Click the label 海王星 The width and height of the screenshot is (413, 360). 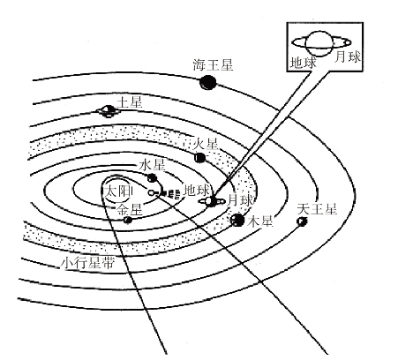[213, 65]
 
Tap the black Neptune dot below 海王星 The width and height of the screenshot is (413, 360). [207, 83]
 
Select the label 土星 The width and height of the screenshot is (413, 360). [130, 102]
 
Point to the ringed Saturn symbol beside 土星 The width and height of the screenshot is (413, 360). [109, 111]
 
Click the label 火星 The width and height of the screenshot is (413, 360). [206, 144]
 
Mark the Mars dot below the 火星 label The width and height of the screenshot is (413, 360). [200, 158]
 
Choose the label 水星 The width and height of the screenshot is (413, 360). [152, 165]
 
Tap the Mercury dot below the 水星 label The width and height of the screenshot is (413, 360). [152, 177]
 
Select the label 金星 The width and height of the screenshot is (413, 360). [130, 209]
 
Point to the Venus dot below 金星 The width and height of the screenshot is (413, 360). [128, 220]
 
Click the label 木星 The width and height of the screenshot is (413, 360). [260, 221]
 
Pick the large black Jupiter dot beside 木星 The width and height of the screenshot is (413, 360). [237, 220]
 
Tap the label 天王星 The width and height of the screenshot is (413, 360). [317, 209]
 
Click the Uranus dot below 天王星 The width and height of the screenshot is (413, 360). [302, 221]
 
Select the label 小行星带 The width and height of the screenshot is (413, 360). [87, 263]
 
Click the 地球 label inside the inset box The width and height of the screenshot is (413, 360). [304, 63]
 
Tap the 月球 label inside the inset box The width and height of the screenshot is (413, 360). [348, 56]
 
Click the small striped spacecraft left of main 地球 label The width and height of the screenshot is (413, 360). [170, 194]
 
